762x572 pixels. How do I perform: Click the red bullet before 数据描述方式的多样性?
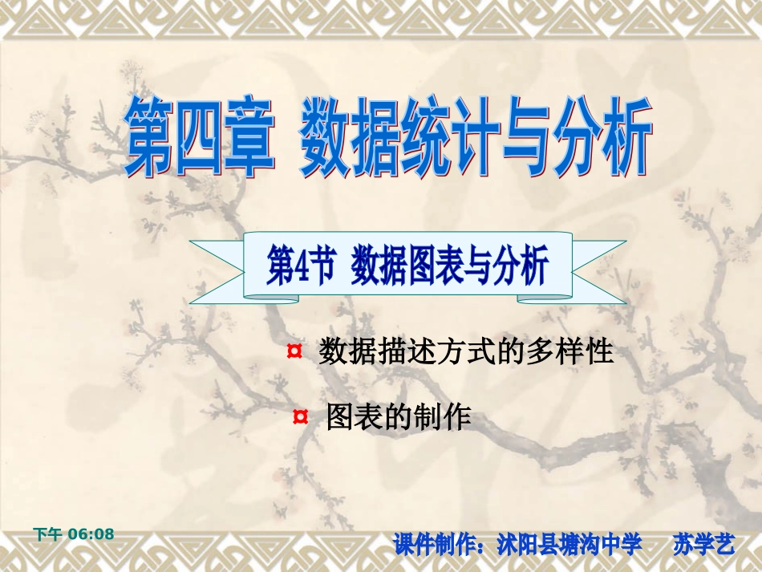point(294,351)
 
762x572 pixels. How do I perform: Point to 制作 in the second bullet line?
point(445,417)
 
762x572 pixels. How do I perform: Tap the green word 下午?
point(47,533)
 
